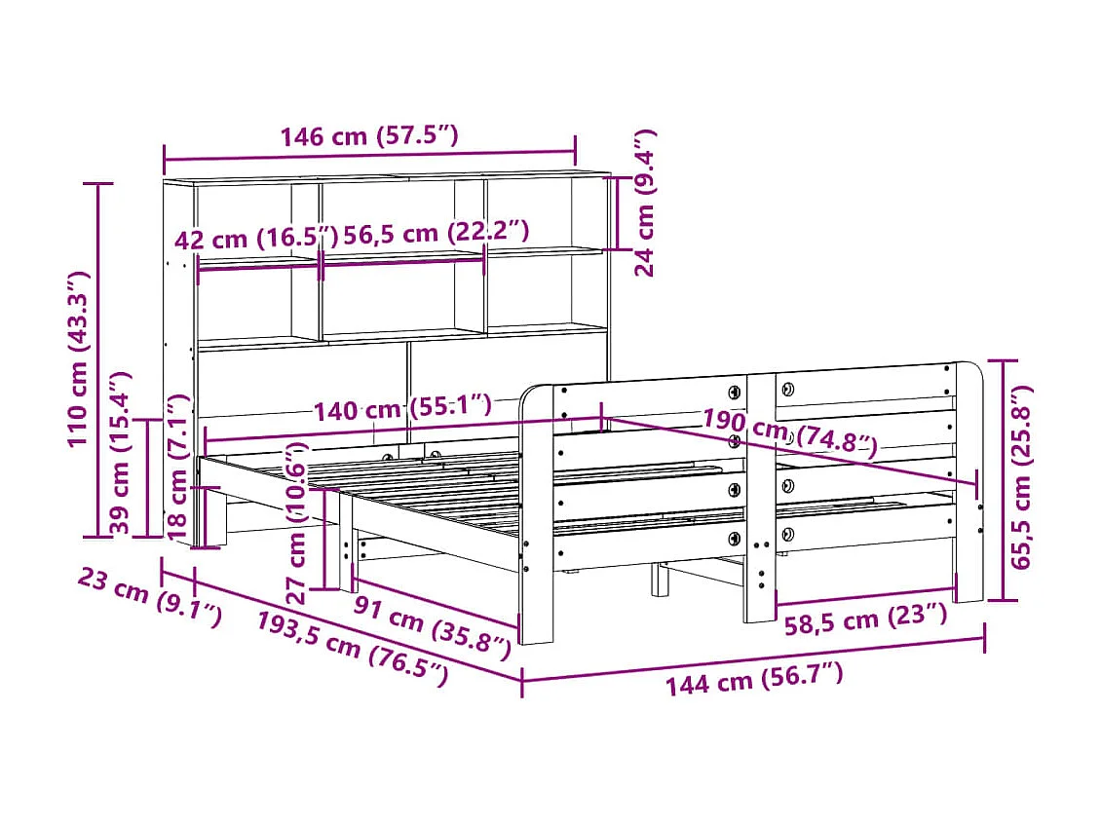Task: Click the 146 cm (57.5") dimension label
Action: coord(369,136)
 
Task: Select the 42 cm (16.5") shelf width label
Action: coord(256,239)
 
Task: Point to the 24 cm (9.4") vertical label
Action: coord(645,203)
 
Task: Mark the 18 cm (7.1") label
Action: coord(177,467)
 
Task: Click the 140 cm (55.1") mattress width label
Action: coord(402,409)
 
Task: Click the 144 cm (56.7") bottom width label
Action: coord(753,677)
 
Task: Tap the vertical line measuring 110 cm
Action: coord(98,359)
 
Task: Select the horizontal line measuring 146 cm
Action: coord(369,153)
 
